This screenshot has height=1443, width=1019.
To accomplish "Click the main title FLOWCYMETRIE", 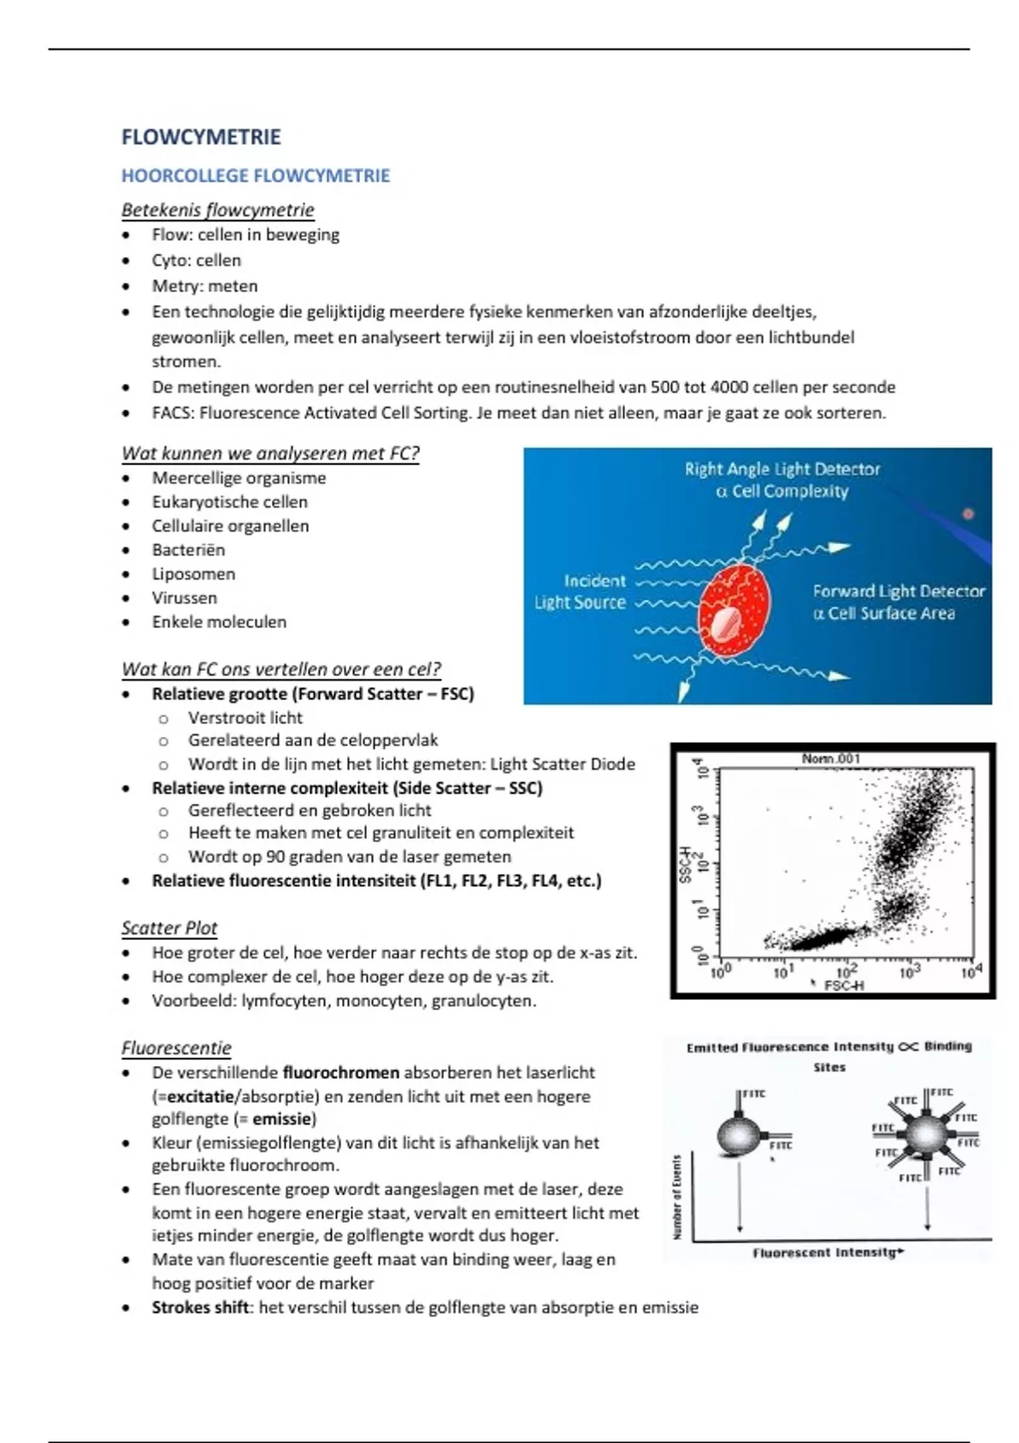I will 201,138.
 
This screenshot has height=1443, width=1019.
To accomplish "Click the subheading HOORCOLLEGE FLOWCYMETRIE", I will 256,176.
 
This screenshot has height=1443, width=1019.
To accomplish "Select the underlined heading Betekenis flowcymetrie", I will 217,210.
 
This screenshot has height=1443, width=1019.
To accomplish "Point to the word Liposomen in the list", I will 194,574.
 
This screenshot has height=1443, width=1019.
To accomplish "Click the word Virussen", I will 184,598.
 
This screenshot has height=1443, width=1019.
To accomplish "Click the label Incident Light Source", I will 581,592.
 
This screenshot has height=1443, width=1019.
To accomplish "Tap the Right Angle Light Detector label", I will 782,480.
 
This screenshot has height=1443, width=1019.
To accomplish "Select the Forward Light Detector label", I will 898,602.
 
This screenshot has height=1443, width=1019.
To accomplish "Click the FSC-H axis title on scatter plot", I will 843,985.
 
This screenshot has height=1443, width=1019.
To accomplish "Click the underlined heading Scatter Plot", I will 169,928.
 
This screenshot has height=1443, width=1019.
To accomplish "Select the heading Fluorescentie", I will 176,1048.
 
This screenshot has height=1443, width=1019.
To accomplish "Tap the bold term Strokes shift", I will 200,1307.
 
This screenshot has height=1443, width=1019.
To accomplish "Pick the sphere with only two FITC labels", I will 740,1135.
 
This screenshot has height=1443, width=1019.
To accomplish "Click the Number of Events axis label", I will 677,1196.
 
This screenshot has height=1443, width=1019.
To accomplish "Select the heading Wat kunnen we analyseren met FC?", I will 271,453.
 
